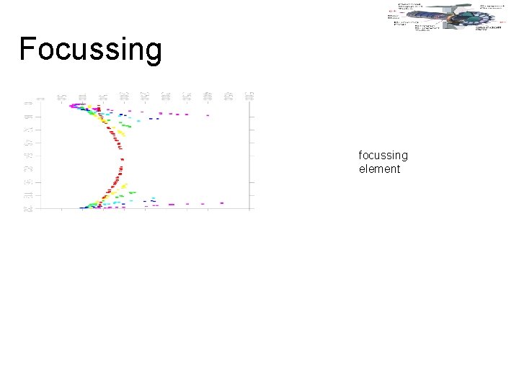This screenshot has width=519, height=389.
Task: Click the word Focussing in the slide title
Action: click(91, 49)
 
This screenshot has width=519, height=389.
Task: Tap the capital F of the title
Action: click(27, 48)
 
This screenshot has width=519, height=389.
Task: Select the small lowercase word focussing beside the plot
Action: click(383, 155)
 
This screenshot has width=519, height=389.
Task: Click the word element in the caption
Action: click(379, 169)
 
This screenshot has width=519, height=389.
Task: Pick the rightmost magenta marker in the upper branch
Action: click(208, 115)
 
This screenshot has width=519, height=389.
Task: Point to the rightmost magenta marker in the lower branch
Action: click(222, 203)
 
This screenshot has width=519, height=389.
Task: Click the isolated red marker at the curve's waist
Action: click(122, 159)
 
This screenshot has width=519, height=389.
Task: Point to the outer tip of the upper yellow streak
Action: click(124, 135)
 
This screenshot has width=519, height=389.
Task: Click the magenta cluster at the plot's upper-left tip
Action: click(74, 106)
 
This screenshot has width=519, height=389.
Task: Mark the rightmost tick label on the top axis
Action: click(251, 96)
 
